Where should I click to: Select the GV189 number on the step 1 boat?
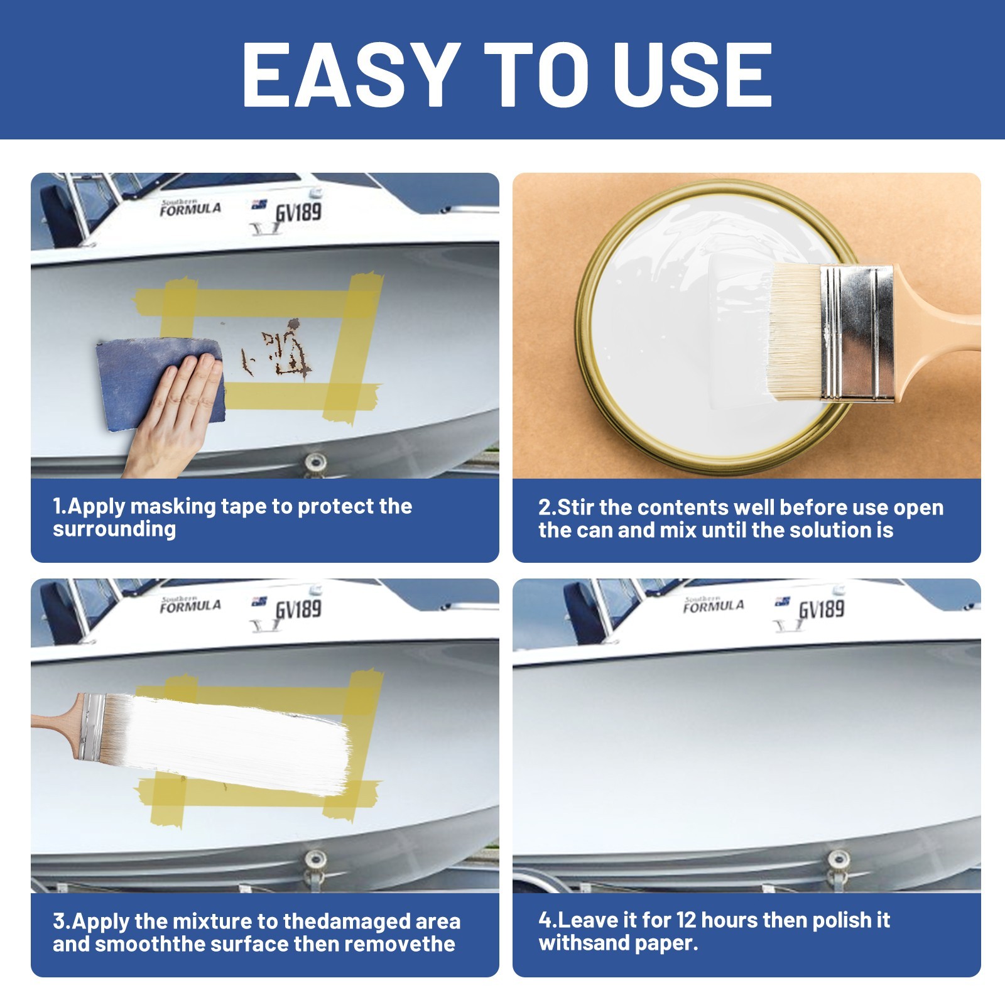298,212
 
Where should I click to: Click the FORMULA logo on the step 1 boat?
190,208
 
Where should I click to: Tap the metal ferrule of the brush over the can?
857,333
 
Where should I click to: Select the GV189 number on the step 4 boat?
822,610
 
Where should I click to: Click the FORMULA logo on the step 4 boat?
714,604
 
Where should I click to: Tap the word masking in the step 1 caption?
173,506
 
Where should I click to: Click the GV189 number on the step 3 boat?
298,610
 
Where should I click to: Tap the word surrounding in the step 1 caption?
114,529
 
